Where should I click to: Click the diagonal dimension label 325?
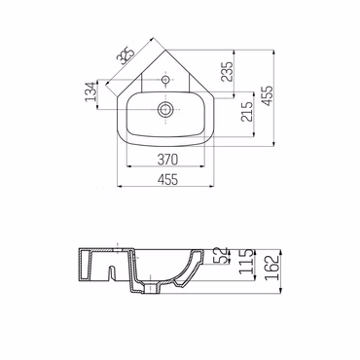[x=126, y=54]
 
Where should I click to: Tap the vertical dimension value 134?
[x=90, y=91]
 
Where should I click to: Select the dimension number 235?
[x=227, y=72]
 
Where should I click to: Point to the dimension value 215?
[x=247, y=112]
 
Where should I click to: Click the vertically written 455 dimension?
[x=268, y=95]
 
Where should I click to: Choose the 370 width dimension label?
[x=167, y=160]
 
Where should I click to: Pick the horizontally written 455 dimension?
[x=167, y=179]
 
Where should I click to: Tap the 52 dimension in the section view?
[x=222, y=255]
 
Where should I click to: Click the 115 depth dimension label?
[x=246, y=264]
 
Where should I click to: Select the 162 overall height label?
[x=271, y=268]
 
